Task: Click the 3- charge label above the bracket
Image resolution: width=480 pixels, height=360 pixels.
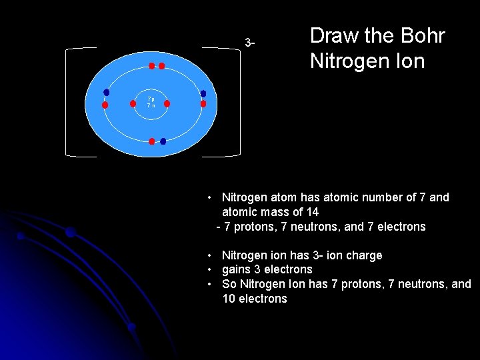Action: [x=249, y=43]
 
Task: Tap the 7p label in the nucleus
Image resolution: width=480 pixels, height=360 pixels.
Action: [x=151, y=99]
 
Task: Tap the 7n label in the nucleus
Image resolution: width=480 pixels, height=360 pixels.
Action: [x=151, y=107]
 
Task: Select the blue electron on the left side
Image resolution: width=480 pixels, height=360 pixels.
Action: [x=106, y=93]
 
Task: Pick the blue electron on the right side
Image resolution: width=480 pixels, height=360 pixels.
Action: [x=203, y=94]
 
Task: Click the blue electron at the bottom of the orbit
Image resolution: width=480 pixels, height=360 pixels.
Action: [x=163, y=141]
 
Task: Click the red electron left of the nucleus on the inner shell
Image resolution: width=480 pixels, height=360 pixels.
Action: [x=132, y=104]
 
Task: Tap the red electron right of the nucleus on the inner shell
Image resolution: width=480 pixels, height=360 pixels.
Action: [x=167, y=104]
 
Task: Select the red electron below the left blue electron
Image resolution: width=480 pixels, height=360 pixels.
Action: [x=105, y=105]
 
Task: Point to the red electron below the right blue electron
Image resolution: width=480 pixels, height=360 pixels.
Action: [x=203, y=104]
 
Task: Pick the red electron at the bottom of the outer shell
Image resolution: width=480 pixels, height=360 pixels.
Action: [x=152, y=141]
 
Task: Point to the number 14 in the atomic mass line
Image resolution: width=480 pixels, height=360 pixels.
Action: [x=312, y=212]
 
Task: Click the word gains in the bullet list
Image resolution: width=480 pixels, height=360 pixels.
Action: [x=237, y=269]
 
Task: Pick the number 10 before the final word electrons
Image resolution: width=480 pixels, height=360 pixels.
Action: [x=230, y=299]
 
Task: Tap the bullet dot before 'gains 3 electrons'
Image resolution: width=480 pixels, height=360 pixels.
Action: [x=210, y=269]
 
